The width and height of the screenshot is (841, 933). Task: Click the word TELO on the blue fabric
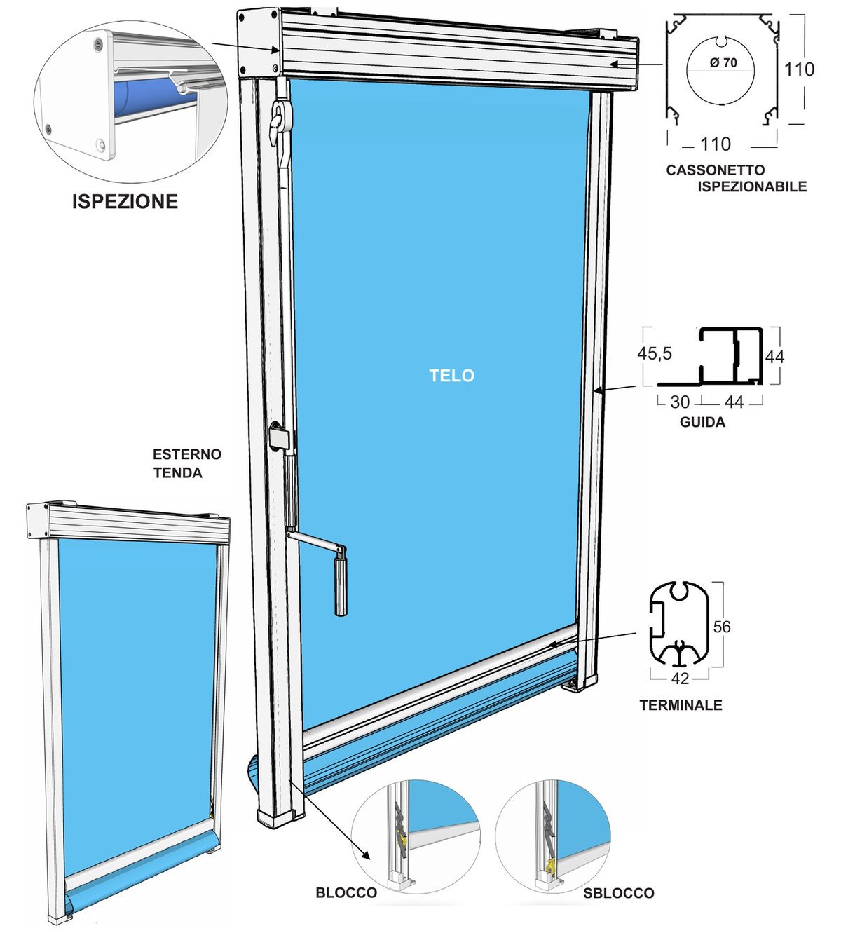[x=451, y=375]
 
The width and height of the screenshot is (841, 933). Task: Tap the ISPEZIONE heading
[x=125, y=201]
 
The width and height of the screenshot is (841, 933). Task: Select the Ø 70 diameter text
[x=723, y=62]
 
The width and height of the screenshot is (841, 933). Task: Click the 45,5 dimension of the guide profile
[x=655, y=353]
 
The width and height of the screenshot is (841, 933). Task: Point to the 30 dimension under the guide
[x=680, y=402]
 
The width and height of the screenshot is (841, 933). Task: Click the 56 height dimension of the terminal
[x=722, y=627]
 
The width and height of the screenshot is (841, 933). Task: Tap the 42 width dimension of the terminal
[x=680, y=679]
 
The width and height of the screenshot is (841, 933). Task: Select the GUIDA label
[x=702, y=422]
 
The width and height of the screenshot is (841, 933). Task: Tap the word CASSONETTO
[x=716, y=170]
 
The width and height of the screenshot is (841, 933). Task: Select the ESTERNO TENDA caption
[x=187, y=463]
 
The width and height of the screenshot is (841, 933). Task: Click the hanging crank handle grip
[x=341, y=587]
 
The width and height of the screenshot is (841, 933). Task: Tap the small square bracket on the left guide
[x=279, y=437]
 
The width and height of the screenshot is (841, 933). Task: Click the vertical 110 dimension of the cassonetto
[x=799, y=69]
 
